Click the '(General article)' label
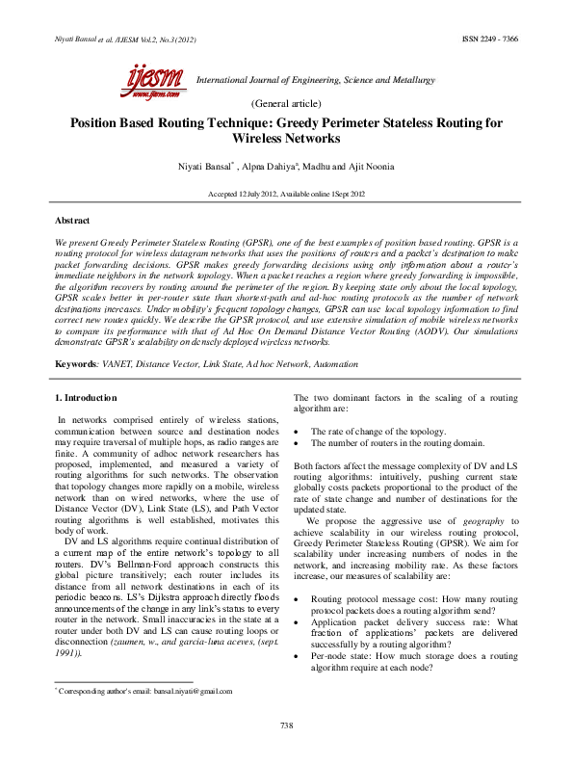click(285, 102)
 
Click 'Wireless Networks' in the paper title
click(286, 139)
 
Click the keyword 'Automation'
click(331, 365)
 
